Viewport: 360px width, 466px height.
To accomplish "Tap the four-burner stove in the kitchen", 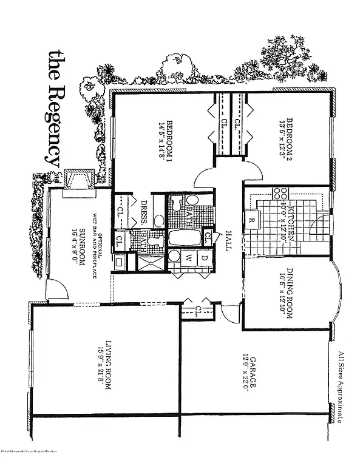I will [281, 194].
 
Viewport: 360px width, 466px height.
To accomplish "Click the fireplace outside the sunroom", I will [78, 180].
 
